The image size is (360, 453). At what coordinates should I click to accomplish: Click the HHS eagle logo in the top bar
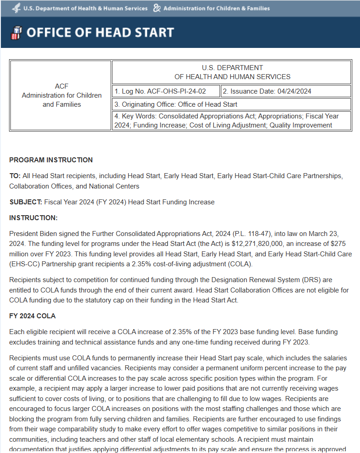[17, 8]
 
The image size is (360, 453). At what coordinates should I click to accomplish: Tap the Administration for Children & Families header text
[216, 8]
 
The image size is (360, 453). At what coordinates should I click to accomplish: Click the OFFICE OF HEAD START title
[100, 33]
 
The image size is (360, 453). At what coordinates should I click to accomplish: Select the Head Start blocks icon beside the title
[16, 33]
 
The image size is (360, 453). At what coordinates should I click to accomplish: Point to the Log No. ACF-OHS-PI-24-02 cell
[166, 91]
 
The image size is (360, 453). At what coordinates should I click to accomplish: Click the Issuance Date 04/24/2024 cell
[285, 91]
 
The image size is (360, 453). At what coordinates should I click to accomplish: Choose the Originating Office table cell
[231, 104]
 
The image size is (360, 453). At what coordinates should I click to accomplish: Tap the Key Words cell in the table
[231, 121]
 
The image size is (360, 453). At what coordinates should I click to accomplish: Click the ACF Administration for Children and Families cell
[61, 95]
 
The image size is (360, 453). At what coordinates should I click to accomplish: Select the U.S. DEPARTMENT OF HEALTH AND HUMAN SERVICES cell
[232, 72]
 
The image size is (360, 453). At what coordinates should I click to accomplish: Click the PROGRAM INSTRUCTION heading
[51, 160]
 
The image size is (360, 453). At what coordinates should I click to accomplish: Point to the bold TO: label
[15, 176]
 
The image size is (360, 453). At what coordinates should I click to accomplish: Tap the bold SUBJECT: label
[26, 202]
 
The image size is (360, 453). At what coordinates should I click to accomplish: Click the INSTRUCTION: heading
[33, 218]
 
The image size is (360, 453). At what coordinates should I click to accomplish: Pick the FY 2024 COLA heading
[32, 316]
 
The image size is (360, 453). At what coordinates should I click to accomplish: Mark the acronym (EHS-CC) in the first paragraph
[24, 264]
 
